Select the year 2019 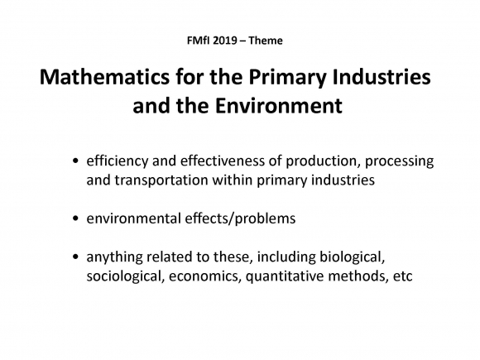point(225,41)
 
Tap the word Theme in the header point(266,41)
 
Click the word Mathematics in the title point(104,77)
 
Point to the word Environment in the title point(279,106)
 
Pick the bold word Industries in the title point(382,77)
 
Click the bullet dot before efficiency point(76,161)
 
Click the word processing point(399,161)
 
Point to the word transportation point(161,180)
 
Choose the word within point(233,180)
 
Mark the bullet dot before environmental point(76,218)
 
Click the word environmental point(134,218)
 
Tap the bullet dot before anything point(76,257)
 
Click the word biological point(352,257)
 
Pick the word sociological point(124,276)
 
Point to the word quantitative point(285,276)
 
